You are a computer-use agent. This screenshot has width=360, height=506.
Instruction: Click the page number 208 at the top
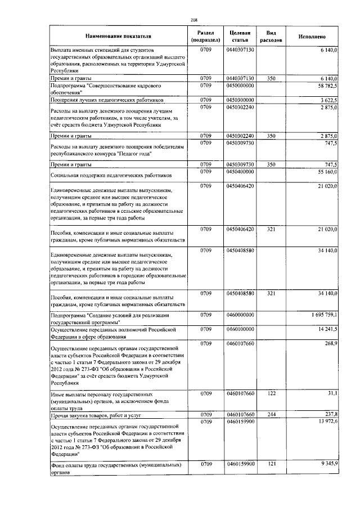click(193, 20)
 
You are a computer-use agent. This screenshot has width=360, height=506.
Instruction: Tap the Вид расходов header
click(271, 36)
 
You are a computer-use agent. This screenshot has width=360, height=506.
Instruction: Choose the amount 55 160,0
click(327, 171)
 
